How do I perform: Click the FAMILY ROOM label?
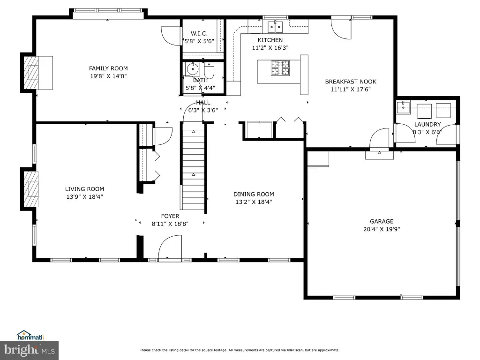click(108, 68)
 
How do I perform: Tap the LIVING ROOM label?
click(84, 189)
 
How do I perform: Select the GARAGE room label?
click(382, 221)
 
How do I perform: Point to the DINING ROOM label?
click(254, 194)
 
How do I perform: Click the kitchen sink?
click(275, 27)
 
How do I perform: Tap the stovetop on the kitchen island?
click(280, 68)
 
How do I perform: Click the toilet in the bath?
click(210, 71)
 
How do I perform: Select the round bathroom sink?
click(193, 69)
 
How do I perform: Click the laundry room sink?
click(404, 107)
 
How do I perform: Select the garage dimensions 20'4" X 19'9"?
click(382, 229)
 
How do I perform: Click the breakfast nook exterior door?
click(341, 29)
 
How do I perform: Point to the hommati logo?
click(30, 336)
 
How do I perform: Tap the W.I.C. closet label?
click(199, 33)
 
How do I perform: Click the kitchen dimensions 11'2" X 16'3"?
click(270, 48)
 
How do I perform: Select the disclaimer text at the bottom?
click(240, 350)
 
